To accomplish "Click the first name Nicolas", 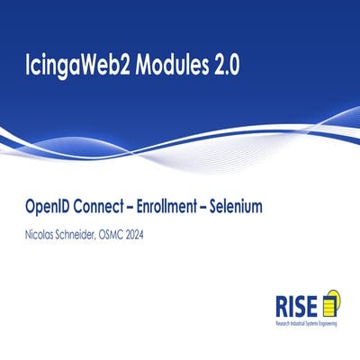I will click(x=42, y=233).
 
